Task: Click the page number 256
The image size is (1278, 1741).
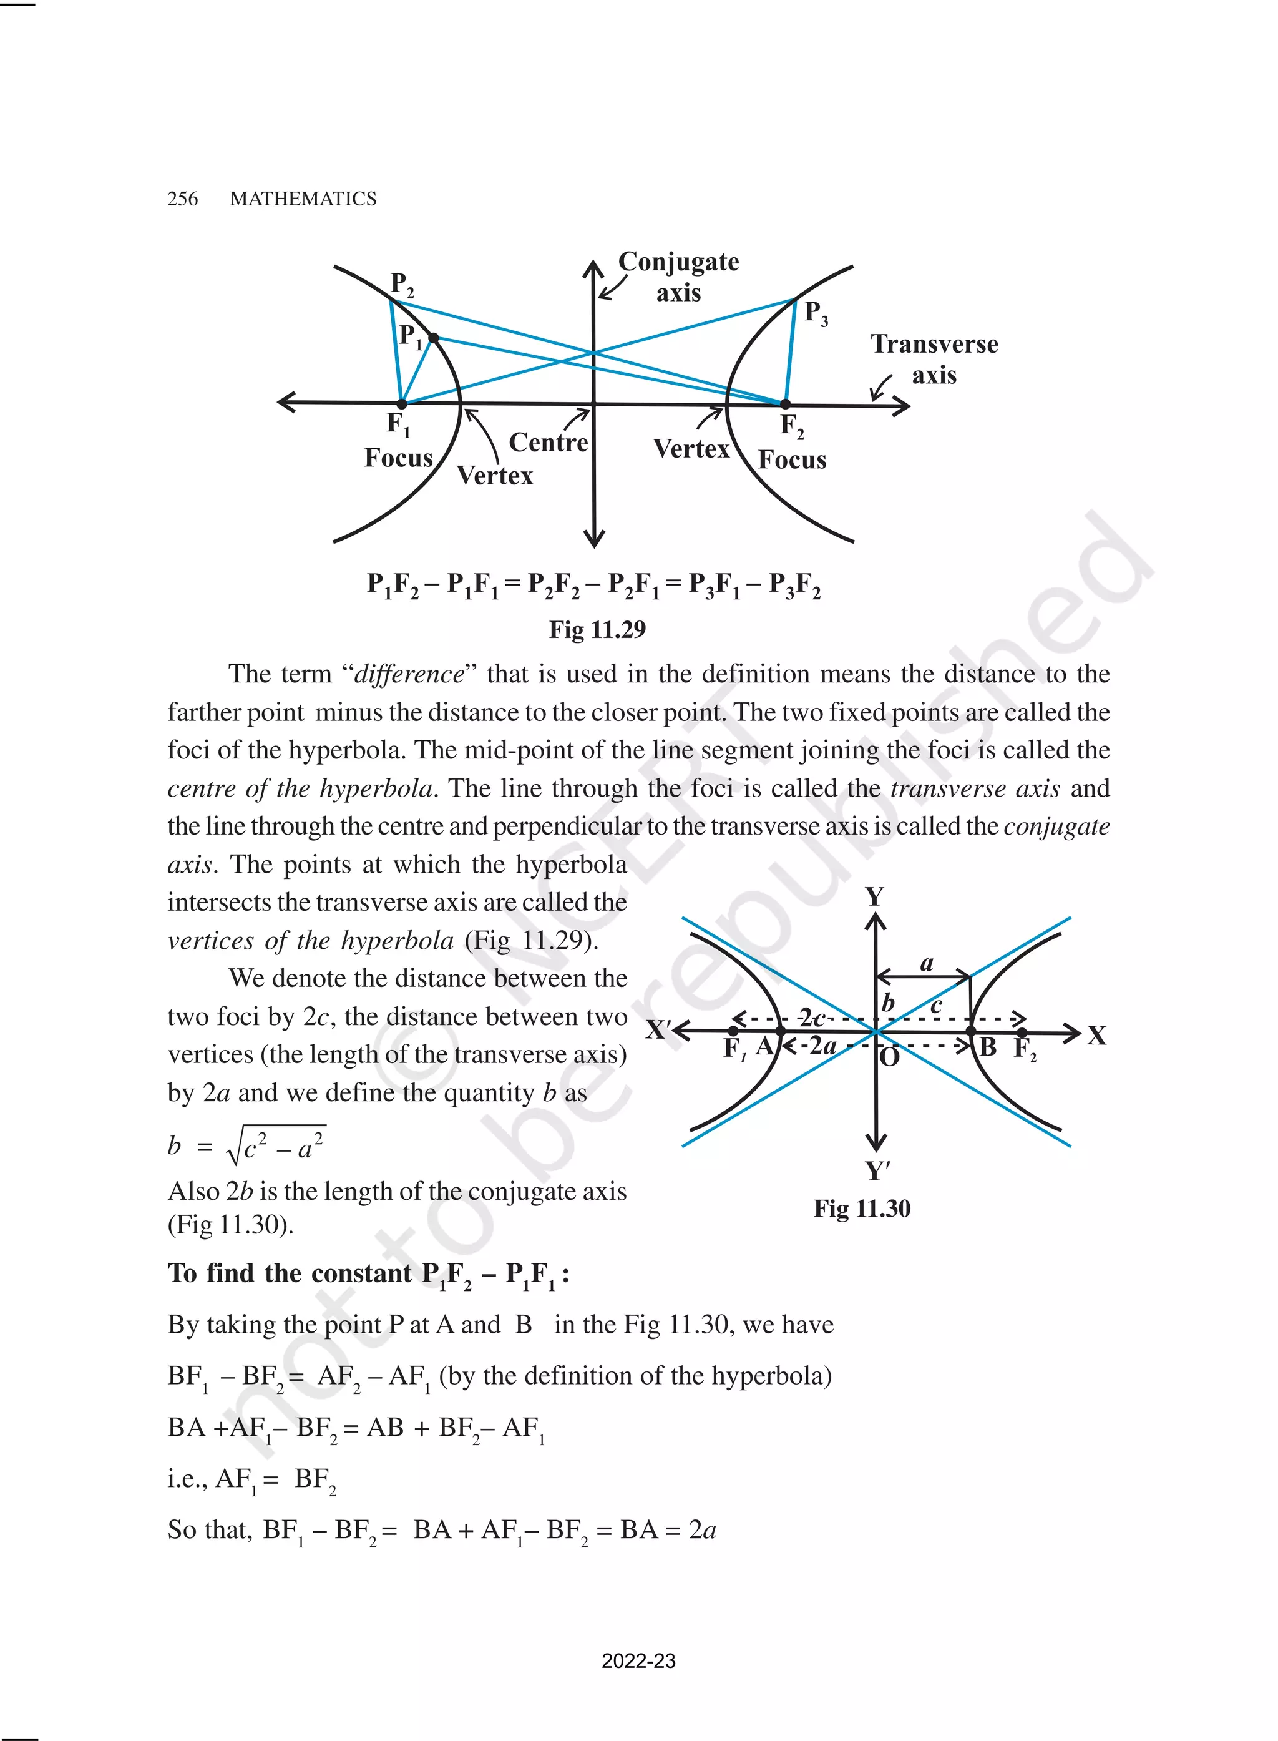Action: coord(183,199)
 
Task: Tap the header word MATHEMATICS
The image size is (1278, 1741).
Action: coord(303,199)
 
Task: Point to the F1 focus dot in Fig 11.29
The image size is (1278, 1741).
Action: coord(401,404)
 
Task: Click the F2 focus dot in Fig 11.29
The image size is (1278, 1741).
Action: coord(785,404)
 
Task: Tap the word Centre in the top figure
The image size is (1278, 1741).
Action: coord(549,443)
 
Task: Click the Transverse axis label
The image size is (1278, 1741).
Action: coord(935,359)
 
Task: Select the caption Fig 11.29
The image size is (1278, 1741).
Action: coord(597,630)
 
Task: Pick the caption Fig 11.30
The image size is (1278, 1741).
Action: coord(862,1209)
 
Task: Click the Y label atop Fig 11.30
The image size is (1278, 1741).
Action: coord(874,897)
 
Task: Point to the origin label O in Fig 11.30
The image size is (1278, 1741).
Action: coord(890,1056)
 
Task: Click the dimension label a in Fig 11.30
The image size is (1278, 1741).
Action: coord(927,964)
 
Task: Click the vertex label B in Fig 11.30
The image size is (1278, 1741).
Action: coord(988,1047)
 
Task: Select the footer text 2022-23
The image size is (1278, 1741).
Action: coord(638,1660)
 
